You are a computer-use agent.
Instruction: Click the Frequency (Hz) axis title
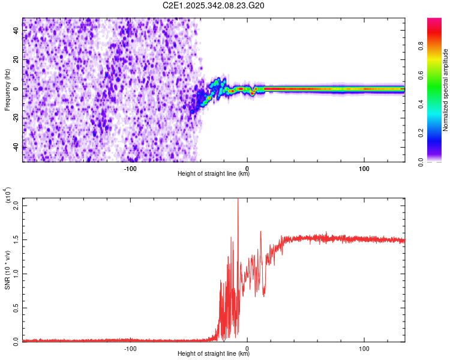[7, 90]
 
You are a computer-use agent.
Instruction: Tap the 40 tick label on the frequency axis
[15, 31]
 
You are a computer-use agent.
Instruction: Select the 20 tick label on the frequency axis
[15, 59]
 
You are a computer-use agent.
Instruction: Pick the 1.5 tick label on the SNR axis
[15, 239]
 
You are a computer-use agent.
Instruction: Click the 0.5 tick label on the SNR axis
[15, 307]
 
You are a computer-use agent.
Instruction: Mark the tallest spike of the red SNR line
[238, 200]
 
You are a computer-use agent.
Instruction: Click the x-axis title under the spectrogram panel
[214, 174]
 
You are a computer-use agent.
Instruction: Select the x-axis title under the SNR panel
[214, 354]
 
